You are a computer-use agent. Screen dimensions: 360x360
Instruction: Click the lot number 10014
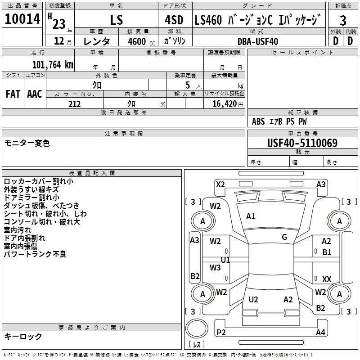(x=22, y=18)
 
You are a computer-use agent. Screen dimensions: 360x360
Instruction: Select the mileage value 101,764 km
(x=53, y=65)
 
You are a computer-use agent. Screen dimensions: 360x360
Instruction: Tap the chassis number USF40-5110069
(x=302, y=143)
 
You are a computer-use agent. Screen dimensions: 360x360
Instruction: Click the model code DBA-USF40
(x=258, y=41)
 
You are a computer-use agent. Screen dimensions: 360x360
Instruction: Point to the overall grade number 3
(x=343, y=21)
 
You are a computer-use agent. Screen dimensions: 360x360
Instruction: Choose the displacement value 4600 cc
(x=141, y=41)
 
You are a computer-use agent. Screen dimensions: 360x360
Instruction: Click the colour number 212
(x=74, y=104)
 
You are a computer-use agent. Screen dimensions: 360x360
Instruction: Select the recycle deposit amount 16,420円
(x=228, y=104)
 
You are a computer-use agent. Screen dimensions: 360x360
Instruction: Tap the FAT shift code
(x=13, y=94)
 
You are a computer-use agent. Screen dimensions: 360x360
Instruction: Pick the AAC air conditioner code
(x=35, y=94)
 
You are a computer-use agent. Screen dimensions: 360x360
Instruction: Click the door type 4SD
(x=174, y=20)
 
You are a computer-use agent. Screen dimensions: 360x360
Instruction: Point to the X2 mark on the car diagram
(x=220, y=184)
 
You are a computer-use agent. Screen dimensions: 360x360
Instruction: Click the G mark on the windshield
(x=284, y=237)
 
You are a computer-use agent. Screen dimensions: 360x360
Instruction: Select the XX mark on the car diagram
(x=327, y=279)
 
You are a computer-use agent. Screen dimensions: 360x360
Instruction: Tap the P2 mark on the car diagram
(x=221, y=332)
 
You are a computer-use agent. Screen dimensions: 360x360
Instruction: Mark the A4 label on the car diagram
(x=320, y=332)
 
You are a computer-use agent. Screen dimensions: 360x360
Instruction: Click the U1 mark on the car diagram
(x=225, y=260)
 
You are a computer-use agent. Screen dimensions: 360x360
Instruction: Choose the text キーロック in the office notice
(x=23, y=336)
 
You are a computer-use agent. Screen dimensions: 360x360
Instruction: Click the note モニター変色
(x=27, y=143)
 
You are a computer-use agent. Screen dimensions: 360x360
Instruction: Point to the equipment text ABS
(x=258, y=121)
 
